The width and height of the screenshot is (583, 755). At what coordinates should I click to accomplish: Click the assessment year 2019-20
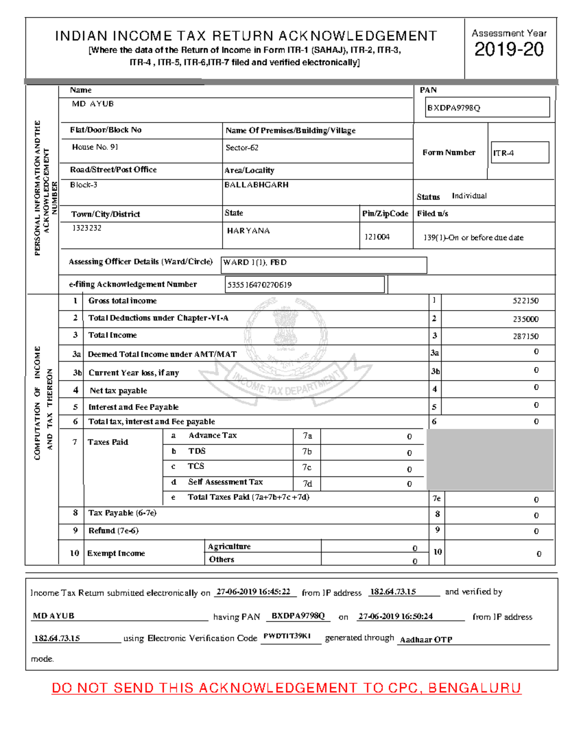pyautogui.click(x=509, y=50)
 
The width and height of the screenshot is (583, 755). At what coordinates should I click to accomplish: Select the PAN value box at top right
pyautogui.click(x=487, y=107)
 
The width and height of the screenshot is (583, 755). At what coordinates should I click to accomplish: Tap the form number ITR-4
pyautogui.click(x=519, y=153)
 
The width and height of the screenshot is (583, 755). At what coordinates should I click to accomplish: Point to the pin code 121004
pyautogui.click(x=377, y=237)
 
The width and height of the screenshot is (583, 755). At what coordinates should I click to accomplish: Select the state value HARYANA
pyautogui.click(x=248, y=231)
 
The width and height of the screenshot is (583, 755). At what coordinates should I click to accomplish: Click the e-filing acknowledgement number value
pyautogui.click(x=305, y=285)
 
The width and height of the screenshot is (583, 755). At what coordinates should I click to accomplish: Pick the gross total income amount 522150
pyautogui.click(x=525, y=301)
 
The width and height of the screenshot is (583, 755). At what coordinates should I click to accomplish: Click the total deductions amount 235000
pyautogui.click(x=525, y=319)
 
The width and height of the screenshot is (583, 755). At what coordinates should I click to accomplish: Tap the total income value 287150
pyautogui.click(x=525, y=336)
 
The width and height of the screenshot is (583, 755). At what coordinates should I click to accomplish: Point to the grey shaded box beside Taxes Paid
pyautogui.click(x=490, y=459)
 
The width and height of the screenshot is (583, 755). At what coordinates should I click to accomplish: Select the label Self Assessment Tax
pyautogui.click(x=225, y=482)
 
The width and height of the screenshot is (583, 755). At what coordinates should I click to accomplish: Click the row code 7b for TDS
pyautogui.click(x=307, y=452)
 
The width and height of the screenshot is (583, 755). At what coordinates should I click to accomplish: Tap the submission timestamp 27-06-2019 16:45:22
pyautogui.click(x=253, y=592)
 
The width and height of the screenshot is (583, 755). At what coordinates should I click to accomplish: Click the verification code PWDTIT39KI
pyautogui.click(x=287, y=636)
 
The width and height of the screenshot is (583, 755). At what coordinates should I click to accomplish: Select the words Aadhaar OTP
pyautogui.click(x=426, y=640)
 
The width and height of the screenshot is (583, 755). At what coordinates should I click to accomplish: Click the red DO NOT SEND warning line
pyautogui.click(x=286, y=688)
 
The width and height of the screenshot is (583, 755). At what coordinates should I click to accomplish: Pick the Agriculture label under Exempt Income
pyautogui.click(x=229, y=546)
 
